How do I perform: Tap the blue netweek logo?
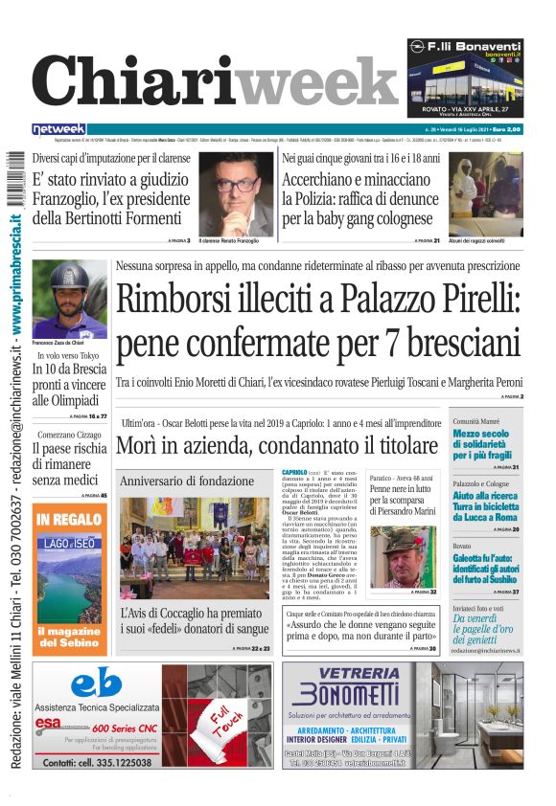58,128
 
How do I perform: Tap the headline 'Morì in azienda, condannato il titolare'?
277,445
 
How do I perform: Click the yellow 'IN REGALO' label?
69,519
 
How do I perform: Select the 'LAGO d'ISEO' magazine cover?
69,574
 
